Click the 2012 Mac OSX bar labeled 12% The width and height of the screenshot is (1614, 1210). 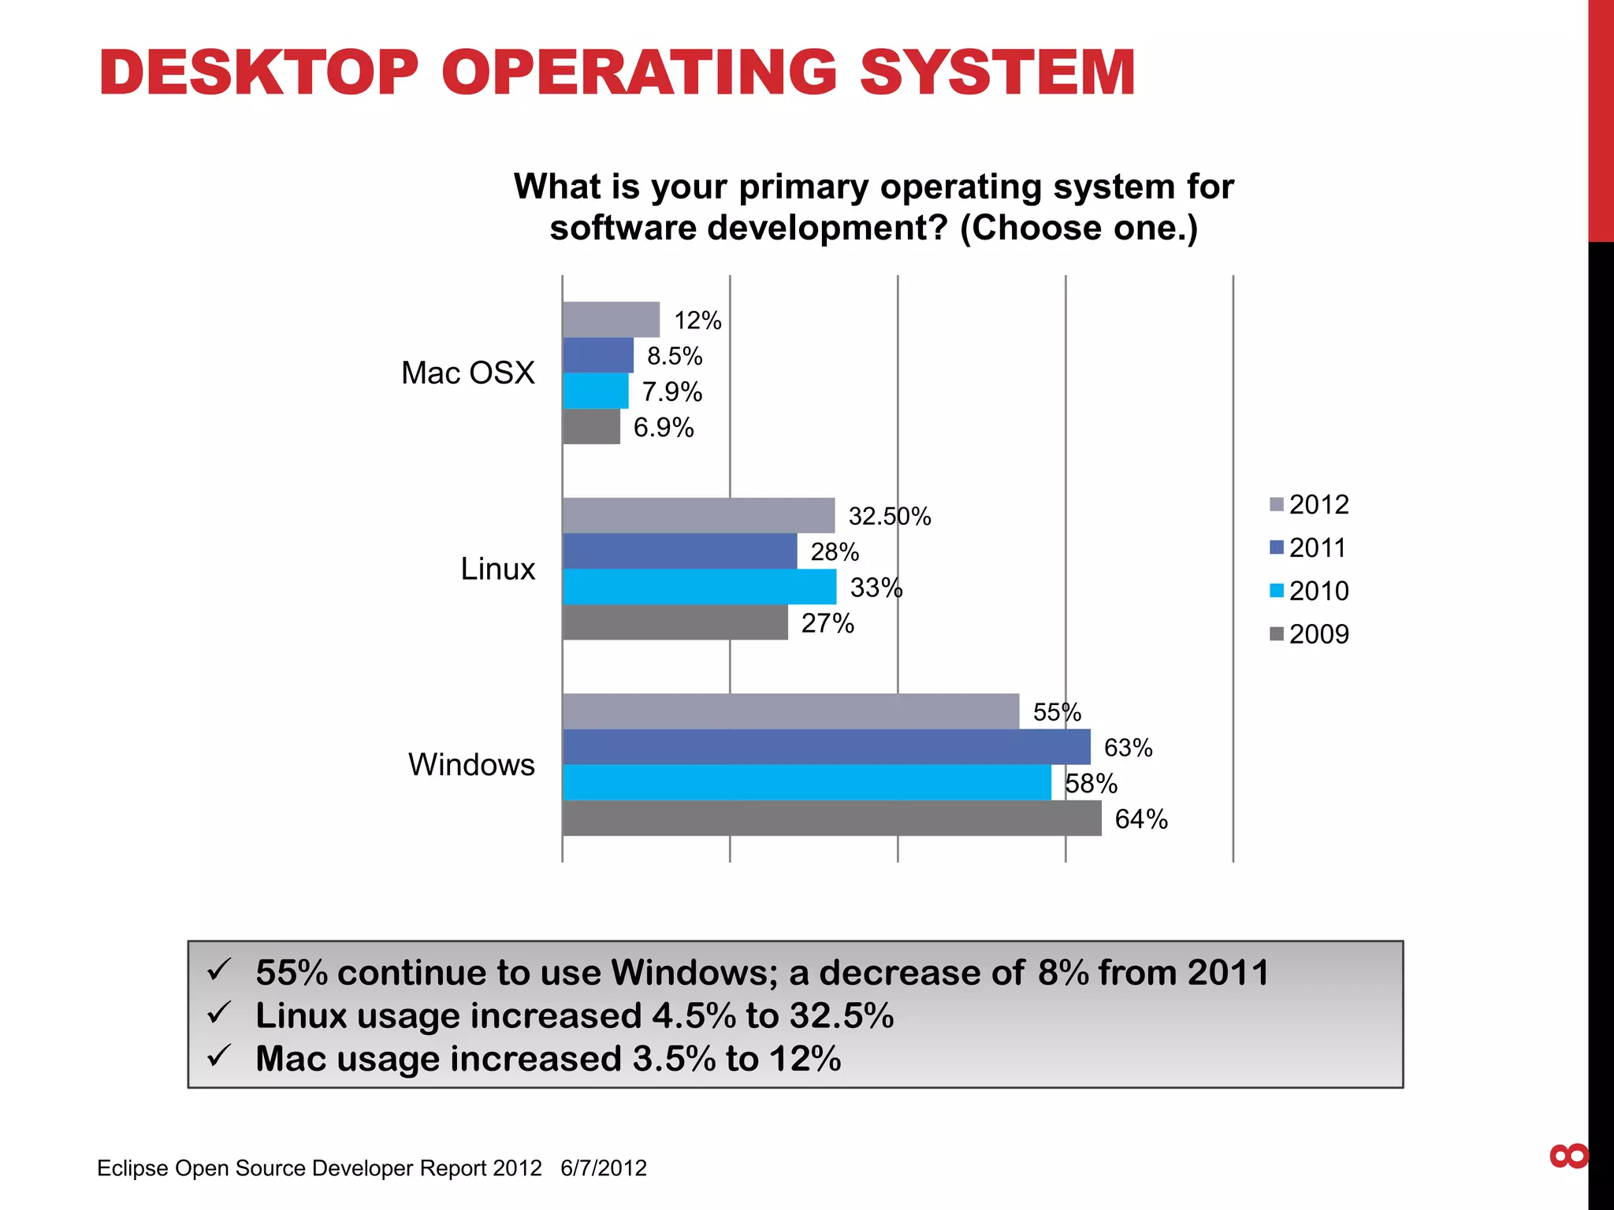point(611,319)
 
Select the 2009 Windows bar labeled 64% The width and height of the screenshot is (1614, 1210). point(831,818)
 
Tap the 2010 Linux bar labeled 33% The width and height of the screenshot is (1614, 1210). point(699,587)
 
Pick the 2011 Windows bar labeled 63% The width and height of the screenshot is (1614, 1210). point(826,747)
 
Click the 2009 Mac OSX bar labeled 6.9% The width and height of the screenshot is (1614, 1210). point(591,426)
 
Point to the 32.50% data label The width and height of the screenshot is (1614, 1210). point(889,516)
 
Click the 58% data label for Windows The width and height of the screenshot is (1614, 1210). point(1091,783)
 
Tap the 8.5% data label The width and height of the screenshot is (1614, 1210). point(674,356)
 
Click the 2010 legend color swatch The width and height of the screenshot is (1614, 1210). point(1277,591)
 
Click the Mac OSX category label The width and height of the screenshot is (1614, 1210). point(467,373)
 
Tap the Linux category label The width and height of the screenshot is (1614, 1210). point(497,569)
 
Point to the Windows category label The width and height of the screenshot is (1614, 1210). point(471,764)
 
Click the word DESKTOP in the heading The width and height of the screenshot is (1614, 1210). point(258,72)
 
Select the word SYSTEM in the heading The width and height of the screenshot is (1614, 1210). point(996,72)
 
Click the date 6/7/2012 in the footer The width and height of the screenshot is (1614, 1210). point(603,1167)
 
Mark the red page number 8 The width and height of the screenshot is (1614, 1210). point(1568,1156)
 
